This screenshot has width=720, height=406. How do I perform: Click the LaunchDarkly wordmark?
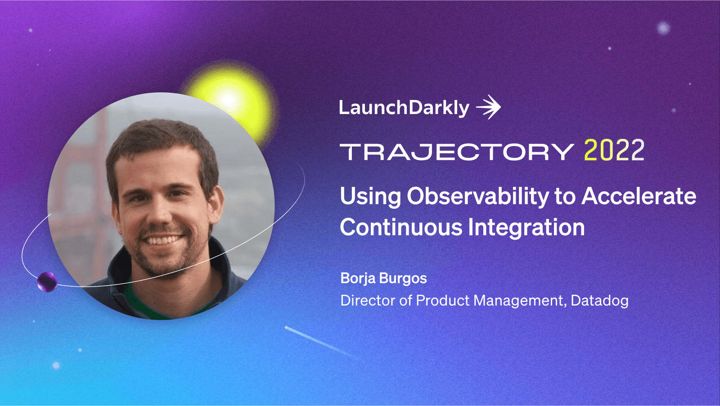click(404, 108)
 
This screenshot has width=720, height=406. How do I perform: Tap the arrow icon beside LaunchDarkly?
click(489, 107)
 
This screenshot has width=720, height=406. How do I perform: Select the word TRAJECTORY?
click(457, 152)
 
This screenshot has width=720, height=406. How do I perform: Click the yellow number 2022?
click(614, 150)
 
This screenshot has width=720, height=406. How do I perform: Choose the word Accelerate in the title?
click(639, 196)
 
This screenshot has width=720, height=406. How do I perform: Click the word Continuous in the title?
click(401, 227)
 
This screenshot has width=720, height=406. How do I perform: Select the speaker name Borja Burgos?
click(383, 278)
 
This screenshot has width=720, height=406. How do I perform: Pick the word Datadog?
click(599, 301)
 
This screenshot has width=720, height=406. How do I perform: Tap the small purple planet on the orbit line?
click(47, 282)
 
